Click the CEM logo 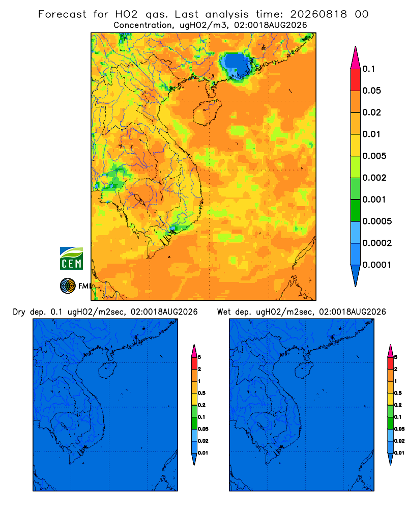(x=71, y=258)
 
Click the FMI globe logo (x=68, y=286)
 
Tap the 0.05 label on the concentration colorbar (x=371, y=91)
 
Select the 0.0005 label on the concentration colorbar (x=377, y=221)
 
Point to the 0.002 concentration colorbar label (x=374, y=178)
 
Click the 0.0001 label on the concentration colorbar (x=377, y=265)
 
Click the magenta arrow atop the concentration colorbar (x=356, y=58)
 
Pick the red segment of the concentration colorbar (x=356, y=80)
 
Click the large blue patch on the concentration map (x=236, y=65)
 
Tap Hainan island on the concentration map (x=207, y=112)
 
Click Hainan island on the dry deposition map (x=107, y=370)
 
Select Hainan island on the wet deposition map (x=304, y=370)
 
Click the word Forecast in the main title (x=62, y=14)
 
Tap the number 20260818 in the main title (x=318, y=14)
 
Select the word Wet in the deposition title (x=224, y=312)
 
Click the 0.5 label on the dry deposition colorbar (x=201, y=393)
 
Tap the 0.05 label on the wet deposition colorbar (x=399, y=429)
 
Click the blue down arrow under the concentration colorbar (x=356, y=276)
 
